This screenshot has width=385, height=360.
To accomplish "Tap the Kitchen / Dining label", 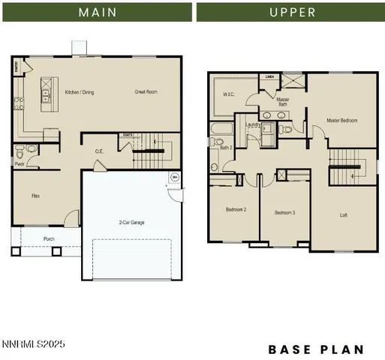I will pos(80,92).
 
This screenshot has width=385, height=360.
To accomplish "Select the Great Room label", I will pos(146,92).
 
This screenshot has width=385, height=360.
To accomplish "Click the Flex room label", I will pos(35,195).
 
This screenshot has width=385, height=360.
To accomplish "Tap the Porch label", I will pos(49,240).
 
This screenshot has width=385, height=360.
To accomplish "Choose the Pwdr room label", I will pos(20,163).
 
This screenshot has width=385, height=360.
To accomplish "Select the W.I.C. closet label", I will pos(230,95).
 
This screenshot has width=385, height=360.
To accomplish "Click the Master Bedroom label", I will pos(341,120).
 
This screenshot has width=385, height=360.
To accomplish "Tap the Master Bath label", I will pos(283,101).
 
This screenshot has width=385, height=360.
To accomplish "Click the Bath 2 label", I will pos(226,148).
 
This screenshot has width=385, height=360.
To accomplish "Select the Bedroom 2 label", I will pos(236,210).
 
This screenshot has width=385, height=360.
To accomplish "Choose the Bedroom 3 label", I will pos(284,213).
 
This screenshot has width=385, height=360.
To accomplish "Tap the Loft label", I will pos(344,215).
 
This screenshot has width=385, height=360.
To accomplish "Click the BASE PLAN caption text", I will pos(316,349).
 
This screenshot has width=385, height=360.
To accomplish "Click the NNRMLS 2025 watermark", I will pos(33,344).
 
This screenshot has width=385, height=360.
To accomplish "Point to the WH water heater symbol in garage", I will pos(174,178).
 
